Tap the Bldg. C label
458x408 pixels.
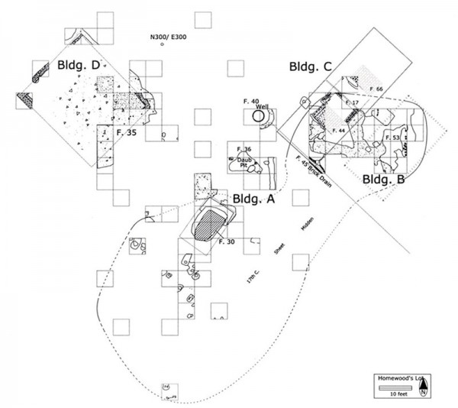tap(310, 67)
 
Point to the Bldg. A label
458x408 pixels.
tap(252, 198)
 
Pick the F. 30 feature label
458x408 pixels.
tap(225, 241)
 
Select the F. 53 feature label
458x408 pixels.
tap(393, 137)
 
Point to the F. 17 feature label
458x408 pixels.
tap(352, 102)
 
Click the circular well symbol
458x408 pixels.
tap(259, 116)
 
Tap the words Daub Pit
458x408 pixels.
tap(238, 161)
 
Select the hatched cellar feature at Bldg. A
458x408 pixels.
tap(208, 225)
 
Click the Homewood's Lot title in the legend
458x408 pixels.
tap(397, 378)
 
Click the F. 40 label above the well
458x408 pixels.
tap(254, 101)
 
